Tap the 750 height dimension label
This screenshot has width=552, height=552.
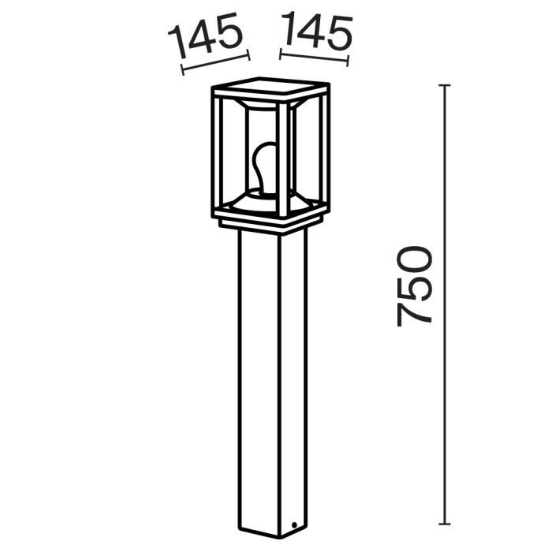416,285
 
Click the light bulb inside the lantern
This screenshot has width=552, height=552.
266,166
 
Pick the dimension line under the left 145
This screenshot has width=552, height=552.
215,64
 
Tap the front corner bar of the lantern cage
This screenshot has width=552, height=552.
280,158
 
